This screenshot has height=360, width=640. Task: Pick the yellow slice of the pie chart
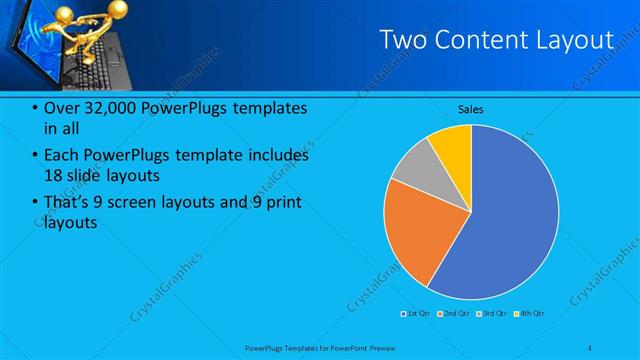pos(454,144)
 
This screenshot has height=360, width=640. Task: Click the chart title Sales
pos(471,109)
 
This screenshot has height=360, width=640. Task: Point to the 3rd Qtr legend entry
pos(492,314)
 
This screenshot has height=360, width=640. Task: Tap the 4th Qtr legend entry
pos(529,314)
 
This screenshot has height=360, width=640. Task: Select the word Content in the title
pos(487,40)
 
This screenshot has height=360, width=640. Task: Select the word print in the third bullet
pos(282,203)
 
